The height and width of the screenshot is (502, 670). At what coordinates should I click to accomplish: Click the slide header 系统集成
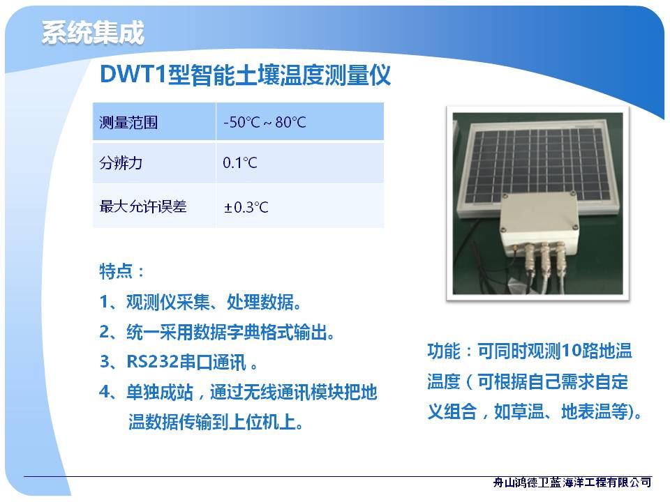click(x=93, y=33)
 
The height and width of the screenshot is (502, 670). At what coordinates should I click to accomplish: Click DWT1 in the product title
click(x=133, y=75)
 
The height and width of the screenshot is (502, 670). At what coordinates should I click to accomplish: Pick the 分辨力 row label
click(x=121, y=162)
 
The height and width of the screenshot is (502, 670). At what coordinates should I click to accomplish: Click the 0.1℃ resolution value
click(x=239, y=162)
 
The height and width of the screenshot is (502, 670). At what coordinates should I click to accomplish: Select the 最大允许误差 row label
click(x=142, y=206)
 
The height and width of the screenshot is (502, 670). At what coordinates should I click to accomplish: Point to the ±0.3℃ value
click(x=246, y=208)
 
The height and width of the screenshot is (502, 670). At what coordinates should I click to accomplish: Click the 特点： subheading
click(x=121, y=271)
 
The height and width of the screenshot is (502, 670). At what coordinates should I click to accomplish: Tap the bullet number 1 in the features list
click(x=104, y=302)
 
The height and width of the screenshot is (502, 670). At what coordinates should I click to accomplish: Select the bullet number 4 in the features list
click(x=105, y=392)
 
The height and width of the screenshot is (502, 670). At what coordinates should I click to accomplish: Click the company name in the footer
click(x=572, y=482)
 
